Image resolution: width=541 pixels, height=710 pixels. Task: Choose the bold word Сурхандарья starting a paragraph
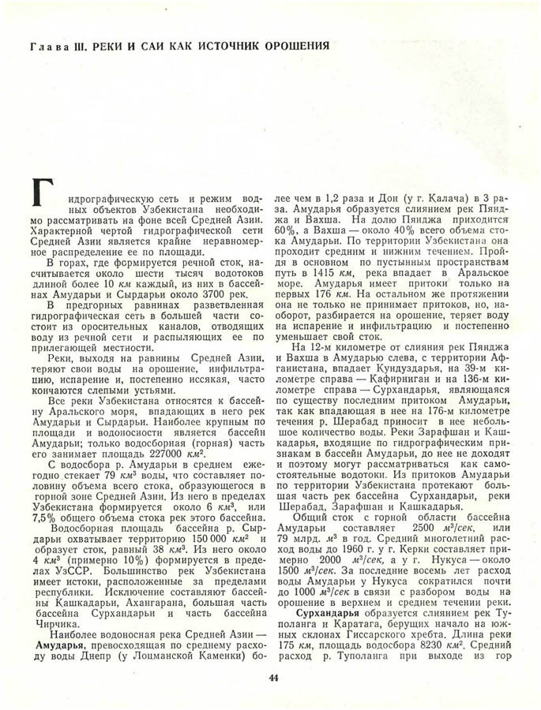[x=325, y=613]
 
